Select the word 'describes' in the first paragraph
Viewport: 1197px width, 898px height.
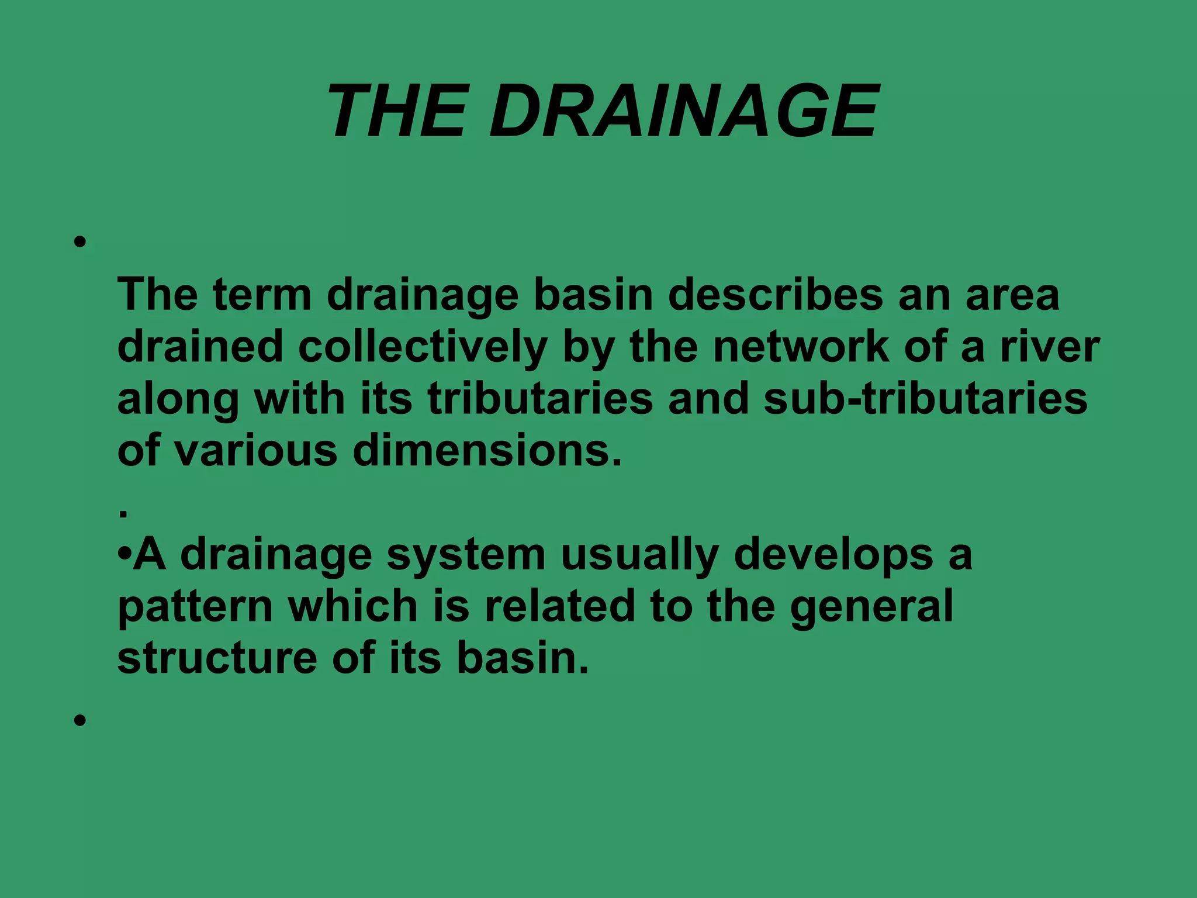coord(775,295)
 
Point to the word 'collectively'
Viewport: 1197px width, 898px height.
coord(423,347)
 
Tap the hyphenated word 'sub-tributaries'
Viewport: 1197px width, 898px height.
coord(925,399)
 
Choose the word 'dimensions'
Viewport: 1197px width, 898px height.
coord(487,451)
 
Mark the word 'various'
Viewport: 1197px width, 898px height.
coord(256,451)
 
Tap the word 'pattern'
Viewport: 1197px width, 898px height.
coord(195,606)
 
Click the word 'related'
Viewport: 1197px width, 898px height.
coord(560,606)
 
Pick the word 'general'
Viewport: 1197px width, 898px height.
coord(871,606)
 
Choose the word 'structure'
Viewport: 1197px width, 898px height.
coord(217,658)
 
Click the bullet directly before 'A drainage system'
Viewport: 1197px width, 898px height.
coord(124,553)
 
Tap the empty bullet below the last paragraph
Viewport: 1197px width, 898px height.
coord(81,720)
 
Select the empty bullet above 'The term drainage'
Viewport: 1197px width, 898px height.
coord(81,241)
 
